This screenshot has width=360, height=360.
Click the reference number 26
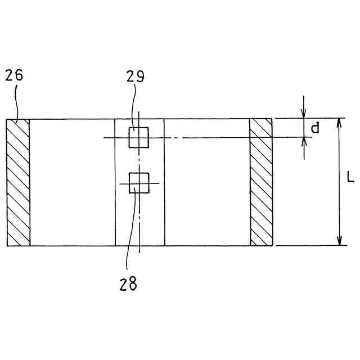click(x=14, y=76)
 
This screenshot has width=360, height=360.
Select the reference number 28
click(x=128, y=284)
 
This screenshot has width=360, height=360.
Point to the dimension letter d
click(x=315, y=128)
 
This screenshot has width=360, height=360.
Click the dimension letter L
click(x=350, y=179)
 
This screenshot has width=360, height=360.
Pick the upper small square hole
click(x=138, y=137)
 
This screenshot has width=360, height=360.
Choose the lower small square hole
click(x=138, y=183)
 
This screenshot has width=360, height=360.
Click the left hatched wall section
click(x=18, y=182)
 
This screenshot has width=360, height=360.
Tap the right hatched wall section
click(x=261, y=182)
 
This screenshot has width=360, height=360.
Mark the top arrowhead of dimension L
click(x=339, y=123)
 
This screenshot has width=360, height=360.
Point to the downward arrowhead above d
click(x=304, y=114)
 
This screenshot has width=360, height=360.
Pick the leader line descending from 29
click(x=134, y=107)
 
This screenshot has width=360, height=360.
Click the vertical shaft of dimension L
click(x=339, y=202)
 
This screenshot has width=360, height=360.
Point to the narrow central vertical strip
click(x=139, y=219)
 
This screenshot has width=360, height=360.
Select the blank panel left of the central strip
click(x=72, y=182)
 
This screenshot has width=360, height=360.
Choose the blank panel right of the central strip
click(x=207, y=182)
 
